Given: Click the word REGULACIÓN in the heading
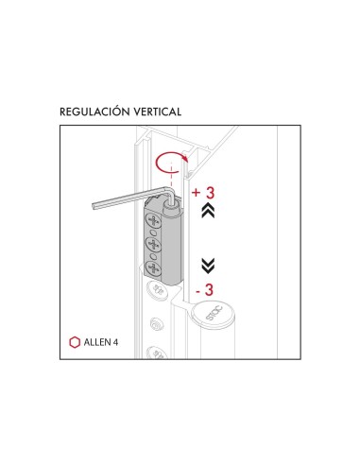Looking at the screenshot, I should point(94,112).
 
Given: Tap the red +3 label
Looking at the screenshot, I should point(204,193).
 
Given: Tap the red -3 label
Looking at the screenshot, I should point(204,289).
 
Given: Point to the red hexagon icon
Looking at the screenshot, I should point(74,340).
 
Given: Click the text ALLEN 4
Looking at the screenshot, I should point(101,340).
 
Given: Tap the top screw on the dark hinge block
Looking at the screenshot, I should point(150,223).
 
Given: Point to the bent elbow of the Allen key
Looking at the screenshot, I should point(172,190).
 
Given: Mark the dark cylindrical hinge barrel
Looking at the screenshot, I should point(172,241).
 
